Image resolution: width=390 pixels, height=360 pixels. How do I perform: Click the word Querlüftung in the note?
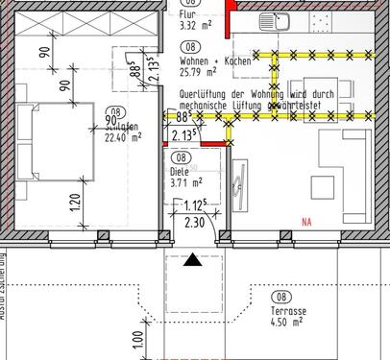tap(206, 95)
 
